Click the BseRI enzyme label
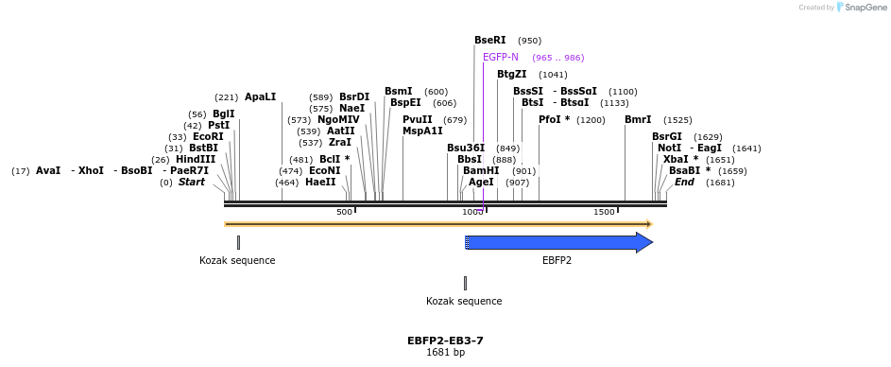click(x=489, y=41)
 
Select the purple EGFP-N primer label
click(x=500, y=58)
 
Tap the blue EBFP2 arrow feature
click(x=557, y=243)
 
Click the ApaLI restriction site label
click(x=260, y=96)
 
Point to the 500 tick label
click(x=344, y=212)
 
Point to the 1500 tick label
click(x=604, y=212)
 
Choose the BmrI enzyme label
click(x=638, y=120)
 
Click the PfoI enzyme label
click(x=554, y=120)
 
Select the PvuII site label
click(x=418, y=120)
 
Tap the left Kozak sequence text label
click(x=237, y=260)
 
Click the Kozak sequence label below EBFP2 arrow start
click(x=464, y=301)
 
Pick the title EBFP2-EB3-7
click(x=445, y=340)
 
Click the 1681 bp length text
click(x=445, y=352)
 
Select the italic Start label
click(x=191, y=182)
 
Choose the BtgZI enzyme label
click(x=511, y=74)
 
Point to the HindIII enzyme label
click(x=196, y=159)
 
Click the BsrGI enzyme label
click(x=666, y=136)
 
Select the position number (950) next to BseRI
click(x=529, y=41)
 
